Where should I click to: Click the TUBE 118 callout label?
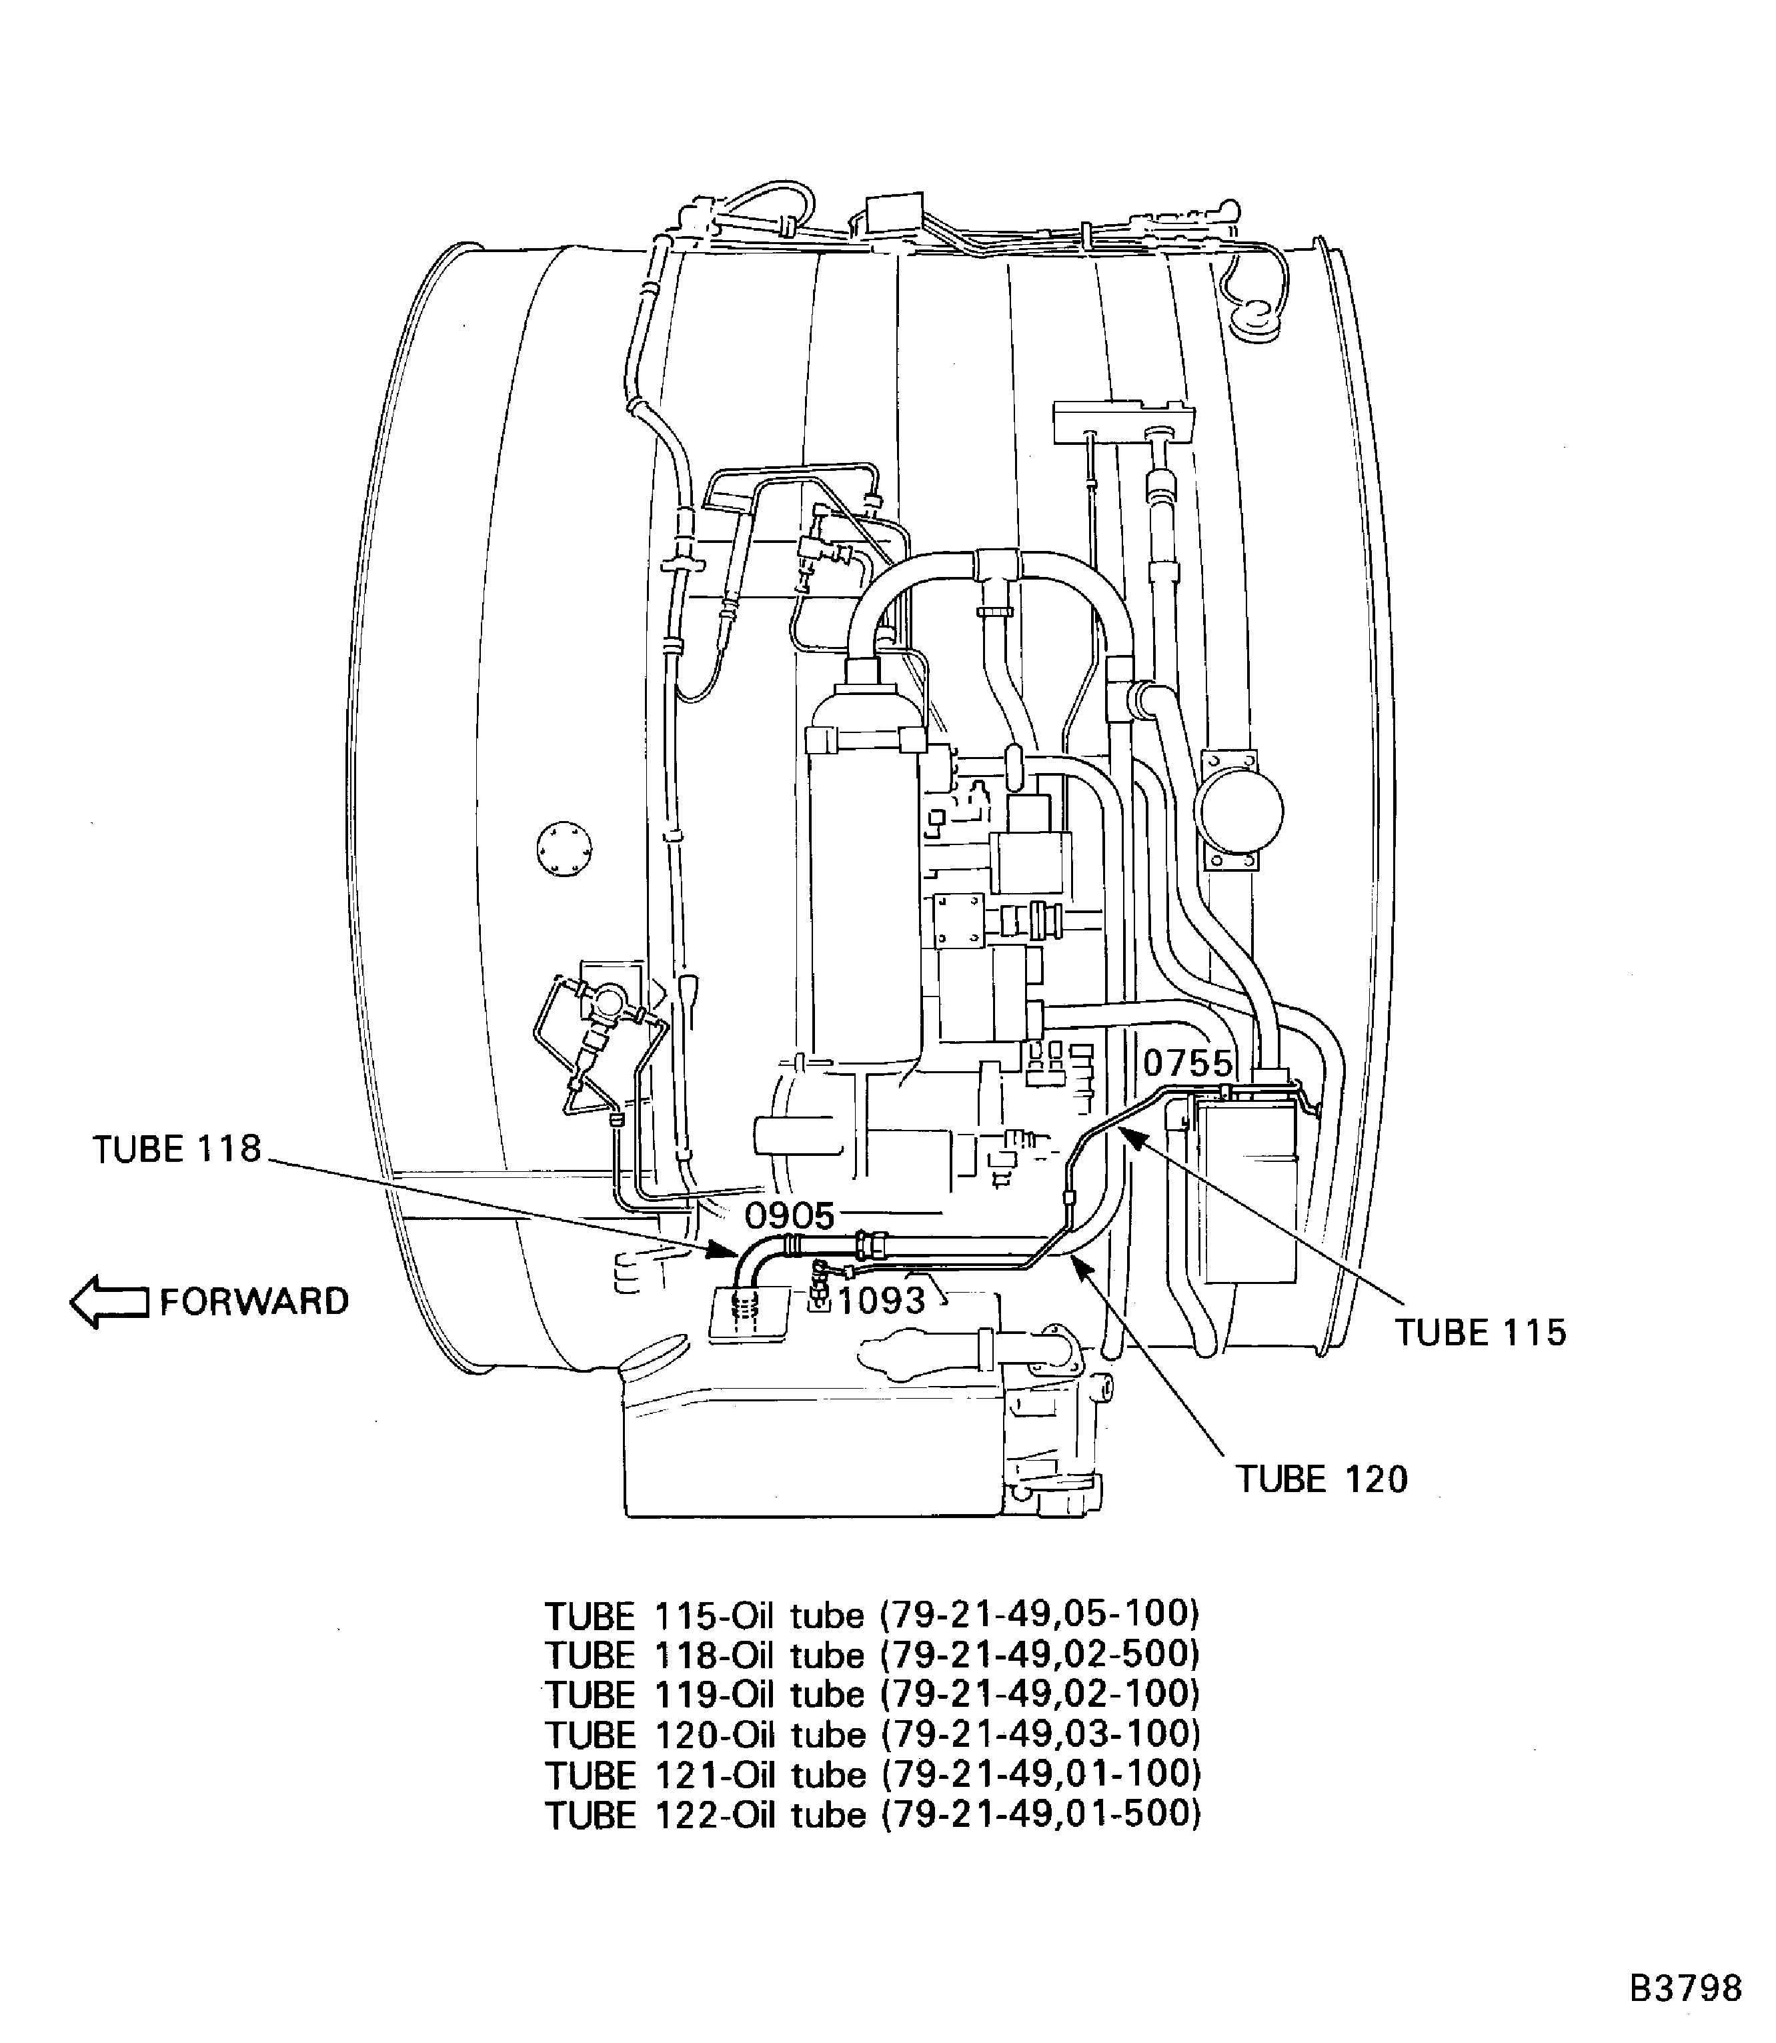177,1149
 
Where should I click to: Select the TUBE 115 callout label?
1481,1333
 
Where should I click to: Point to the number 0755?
1187,1064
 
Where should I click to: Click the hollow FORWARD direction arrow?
109,1301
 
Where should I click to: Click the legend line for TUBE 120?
872,1734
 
